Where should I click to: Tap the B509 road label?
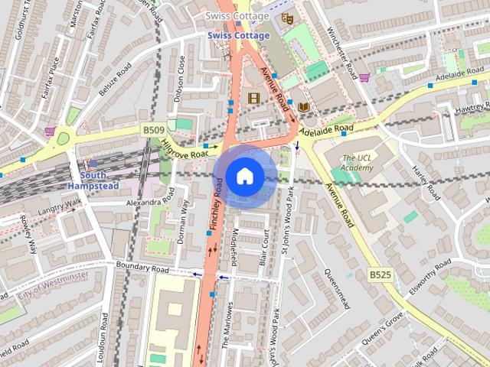tap(153, 131)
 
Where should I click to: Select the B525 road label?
tap(380, 274)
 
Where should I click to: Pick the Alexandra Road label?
tap(150, 202)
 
